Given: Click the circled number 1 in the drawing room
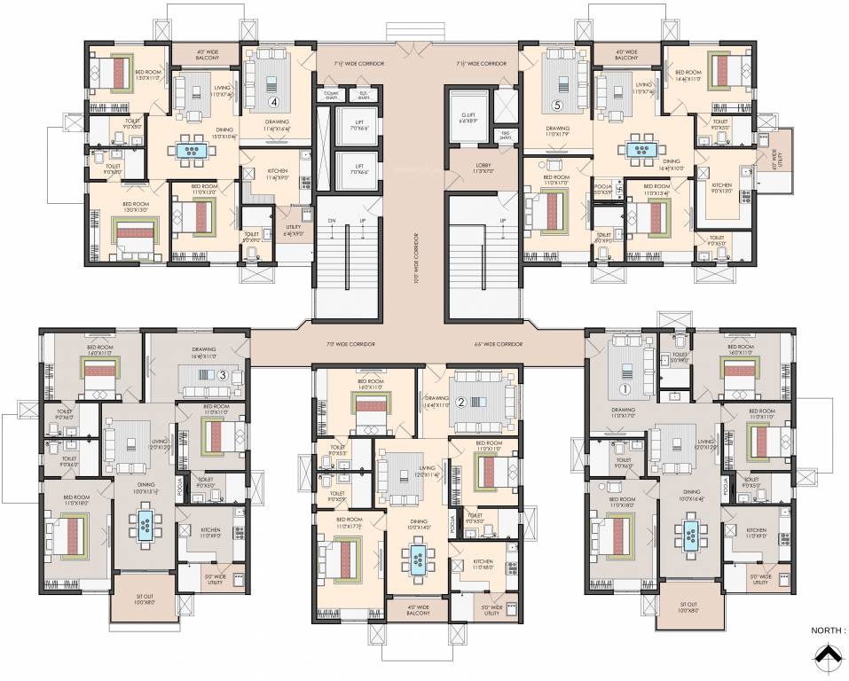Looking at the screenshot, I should (624, 387).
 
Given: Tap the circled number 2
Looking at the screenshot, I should (460, 401).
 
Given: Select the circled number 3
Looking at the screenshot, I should (224, 375).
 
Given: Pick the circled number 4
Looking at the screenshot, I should (274, 101).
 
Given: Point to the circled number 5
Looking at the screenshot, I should (557, 105).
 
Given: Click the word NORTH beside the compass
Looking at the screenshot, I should (824, 630).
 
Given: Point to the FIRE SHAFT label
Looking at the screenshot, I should (505, 137).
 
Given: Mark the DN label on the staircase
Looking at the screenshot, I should (332, 220).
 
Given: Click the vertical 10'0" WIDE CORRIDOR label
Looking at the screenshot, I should (415, 256).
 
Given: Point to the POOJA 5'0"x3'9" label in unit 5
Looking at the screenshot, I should (604, 190).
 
